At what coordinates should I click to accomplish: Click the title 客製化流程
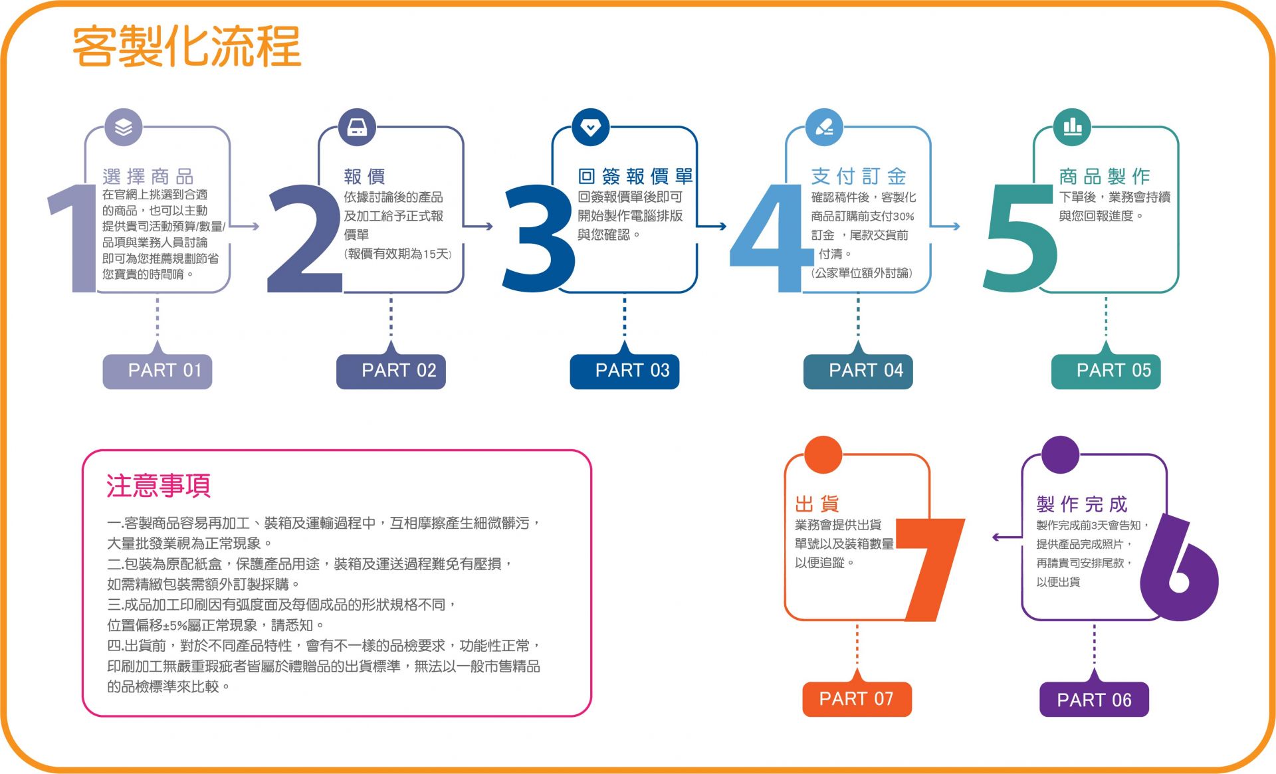coord(187,47)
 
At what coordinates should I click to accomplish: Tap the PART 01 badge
coord(158,371)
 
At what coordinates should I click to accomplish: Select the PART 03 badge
coord(625,371)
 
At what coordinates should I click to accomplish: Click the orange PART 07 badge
coord(857,699)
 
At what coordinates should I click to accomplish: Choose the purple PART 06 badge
coord(1094,699)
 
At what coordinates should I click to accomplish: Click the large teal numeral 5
coord(1020,238)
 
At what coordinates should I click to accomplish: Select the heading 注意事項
coord(158,486)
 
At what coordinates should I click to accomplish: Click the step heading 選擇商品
coord(148,177)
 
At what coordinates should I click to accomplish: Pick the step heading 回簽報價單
coord(635,176)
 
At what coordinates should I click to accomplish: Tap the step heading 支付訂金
coord(859,176)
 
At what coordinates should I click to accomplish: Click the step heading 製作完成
coord(1082,504)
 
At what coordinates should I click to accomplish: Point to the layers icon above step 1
coord(124,127)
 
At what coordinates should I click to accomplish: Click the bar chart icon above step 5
coord(1072,127)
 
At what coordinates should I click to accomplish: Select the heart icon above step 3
coord(590,127)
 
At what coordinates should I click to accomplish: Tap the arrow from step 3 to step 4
coord(712,227)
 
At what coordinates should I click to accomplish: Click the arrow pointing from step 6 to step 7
coord(1007,537)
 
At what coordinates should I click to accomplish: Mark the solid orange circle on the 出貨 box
coord(823,455)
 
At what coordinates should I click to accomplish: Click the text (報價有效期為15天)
coord(397,254)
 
